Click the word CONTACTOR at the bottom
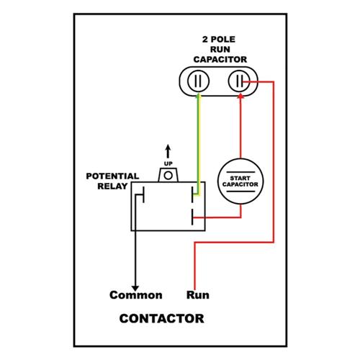[161, 318]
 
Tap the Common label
[136, 295]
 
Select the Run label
[198, 295]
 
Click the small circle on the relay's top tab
[168, 176]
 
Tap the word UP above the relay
[168, 163]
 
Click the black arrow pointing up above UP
[168, 151]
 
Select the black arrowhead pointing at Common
[135, 289]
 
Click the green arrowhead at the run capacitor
[198, 95]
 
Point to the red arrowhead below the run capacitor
[240, 96]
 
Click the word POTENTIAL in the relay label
[112, 176]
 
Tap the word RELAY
[112, 186]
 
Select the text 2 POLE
[219, 40]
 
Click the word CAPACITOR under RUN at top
[220, 60]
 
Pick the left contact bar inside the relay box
[143, 194]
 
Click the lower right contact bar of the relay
[192, 217]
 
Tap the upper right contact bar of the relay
[192, 194]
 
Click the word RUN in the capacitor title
[220, 50]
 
